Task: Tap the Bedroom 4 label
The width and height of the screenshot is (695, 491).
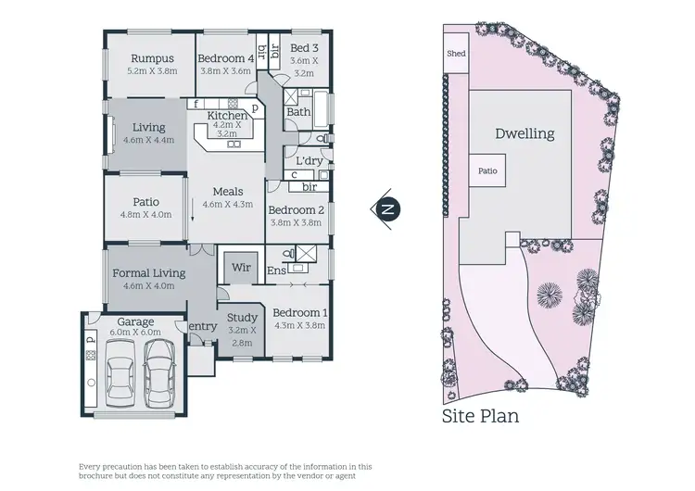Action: [x=225, y=57]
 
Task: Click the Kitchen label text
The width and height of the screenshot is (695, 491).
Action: [x=227, y=115]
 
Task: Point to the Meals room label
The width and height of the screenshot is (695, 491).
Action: [x=227, y=192]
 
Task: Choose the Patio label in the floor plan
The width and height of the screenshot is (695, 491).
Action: [x=145, y=201]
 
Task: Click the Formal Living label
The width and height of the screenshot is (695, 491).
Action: [x=148, y=273]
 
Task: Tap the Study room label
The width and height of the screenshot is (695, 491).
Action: [x=242, y=318]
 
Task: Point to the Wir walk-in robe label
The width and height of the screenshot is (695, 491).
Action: [x=241, y=268]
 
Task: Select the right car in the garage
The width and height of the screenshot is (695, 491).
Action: [x=161, y=368]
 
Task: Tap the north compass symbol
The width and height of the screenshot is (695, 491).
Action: [x=387, y=208]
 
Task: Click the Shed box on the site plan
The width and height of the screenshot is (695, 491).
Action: [x=456, y=54]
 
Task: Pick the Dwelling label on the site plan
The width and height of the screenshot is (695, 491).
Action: [x=524, y=133]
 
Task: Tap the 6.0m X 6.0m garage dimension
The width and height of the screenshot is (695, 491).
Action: [x=136, y=332]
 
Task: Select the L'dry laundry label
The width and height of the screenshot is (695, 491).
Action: [x=309, y=160]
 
